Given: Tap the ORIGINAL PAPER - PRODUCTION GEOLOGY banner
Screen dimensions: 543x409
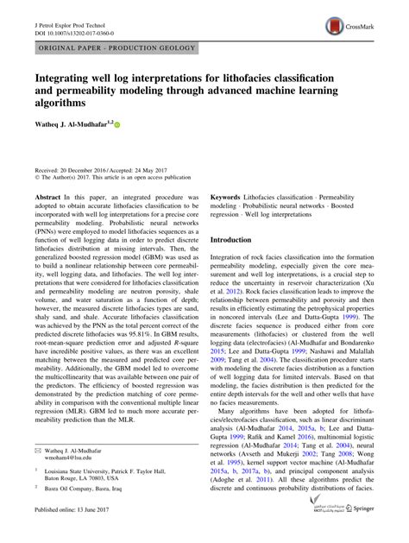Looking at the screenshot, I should (x=116, y=52).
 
